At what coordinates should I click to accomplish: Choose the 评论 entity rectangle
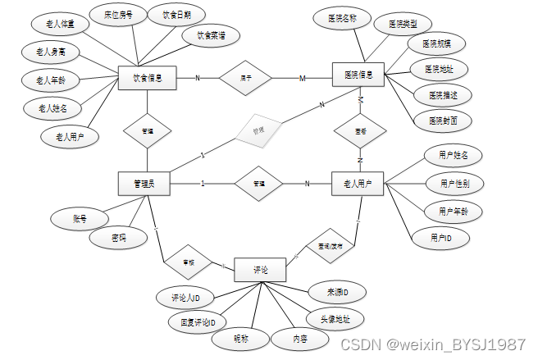coord(260,269)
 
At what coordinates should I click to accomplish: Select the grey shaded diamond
coord(257,130)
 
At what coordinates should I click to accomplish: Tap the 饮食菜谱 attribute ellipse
coord(212,35)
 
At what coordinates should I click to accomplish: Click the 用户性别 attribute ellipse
coord(454,184)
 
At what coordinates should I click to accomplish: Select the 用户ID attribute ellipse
coord(440,238)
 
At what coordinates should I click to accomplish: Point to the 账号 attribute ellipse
coord(80,219)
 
